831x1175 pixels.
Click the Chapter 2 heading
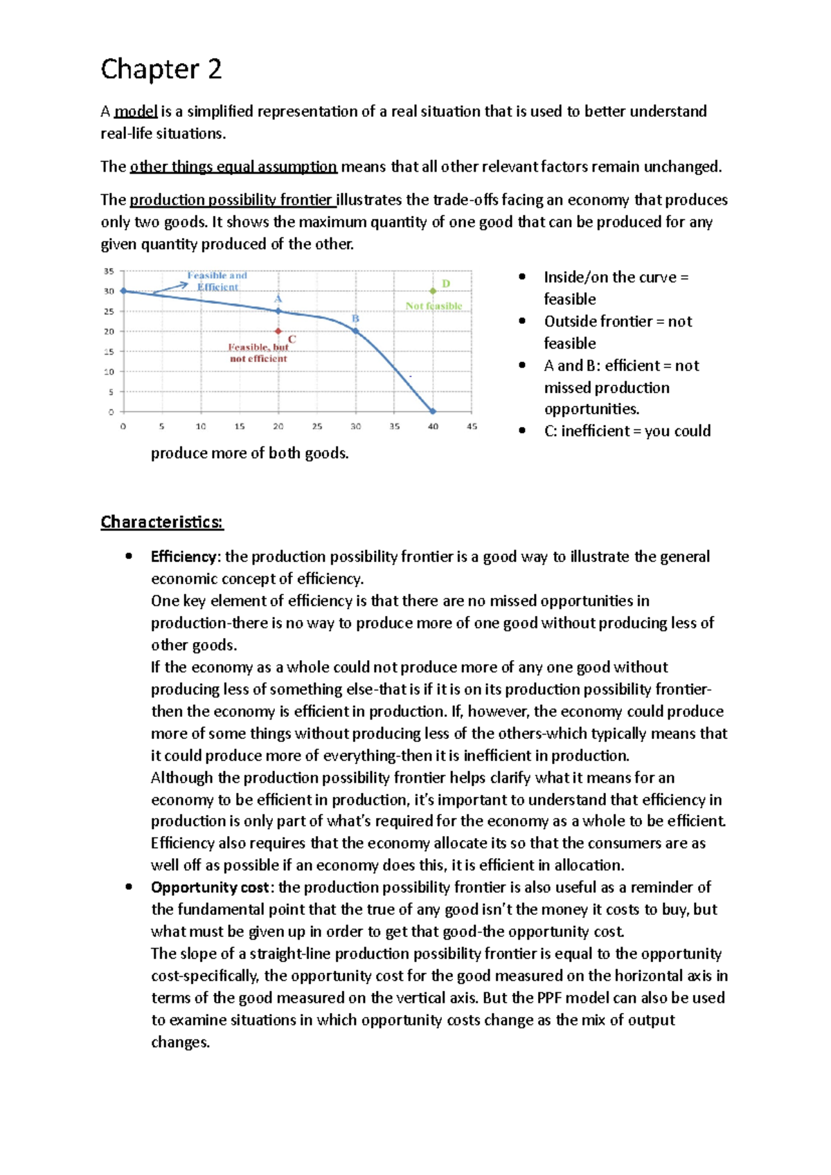[161, 69]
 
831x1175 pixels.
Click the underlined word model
[136, 111]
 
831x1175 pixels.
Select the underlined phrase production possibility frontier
[231, 200]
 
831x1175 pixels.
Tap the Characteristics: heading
[162, 522]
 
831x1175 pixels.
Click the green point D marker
[433, 291]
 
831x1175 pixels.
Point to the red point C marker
[278, 331]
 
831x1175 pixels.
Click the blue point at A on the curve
[278, 311]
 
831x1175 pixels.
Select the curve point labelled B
[356, 331]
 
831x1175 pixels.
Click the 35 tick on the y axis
[109, 271]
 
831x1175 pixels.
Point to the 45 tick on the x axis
[472, 426]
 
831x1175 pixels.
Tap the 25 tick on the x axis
[316, 426]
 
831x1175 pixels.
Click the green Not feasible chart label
[434, 306]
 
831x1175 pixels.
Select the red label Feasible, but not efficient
[258, 353]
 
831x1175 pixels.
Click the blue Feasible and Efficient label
[217, 281]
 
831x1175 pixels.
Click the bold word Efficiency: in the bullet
[185, 557]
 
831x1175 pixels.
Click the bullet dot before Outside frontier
[522, 321]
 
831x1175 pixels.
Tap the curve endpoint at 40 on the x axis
[433, 411]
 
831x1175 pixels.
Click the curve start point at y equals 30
[124, 291]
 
